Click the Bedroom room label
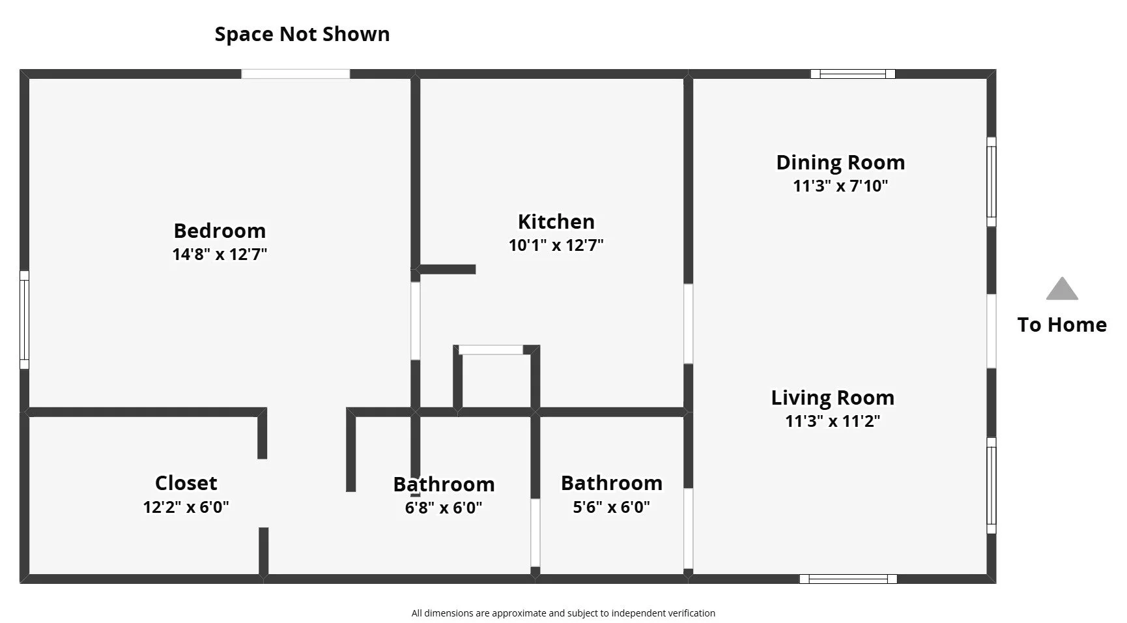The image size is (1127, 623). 220,231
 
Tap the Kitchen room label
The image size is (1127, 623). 556,222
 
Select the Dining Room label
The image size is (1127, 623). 840,162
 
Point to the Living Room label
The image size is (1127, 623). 833,398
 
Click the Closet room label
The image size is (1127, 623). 186,483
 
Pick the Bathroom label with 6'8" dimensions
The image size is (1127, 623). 444,484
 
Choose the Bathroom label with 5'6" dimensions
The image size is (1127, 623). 612,483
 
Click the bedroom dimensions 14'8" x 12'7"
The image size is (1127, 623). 220,254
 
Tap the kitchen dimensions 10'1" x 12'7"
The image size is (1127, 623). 556,245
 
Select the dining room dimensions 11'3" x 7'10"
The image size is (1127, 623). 840,186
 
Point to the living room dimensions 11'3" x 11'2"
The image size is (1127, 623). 833,421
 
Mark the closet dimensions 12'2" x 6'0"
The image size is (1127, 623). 186,507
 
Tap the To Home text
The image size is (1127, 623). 1062,325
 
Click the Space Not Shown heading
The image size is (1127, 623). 302,34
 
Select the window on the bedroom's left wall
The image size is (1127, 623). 24,320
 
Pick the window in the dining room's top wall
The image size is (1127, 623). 853,74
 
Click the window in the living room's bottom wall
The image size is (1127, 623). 848,579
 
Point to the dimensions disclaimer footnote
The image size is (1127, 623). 563,613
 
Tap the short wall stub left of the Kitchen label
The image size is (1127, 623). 447,269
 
